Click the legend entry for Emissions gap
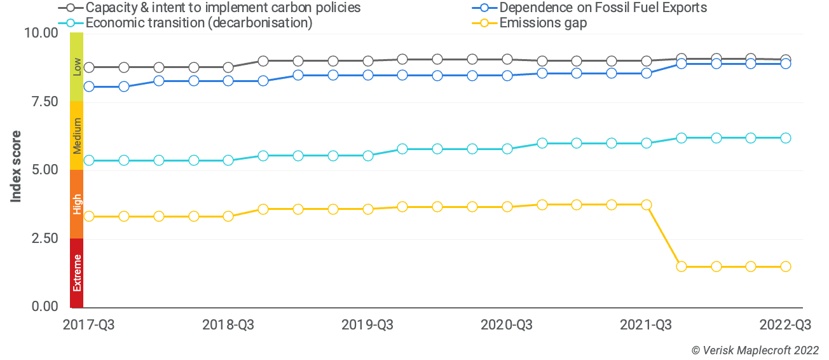(542, 24)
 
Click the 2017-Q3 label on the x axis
(89, 325)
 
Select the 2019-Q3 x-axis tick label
(367, 325)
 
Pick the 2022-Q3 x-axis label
(785, 325)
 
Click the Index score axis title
(17, 167)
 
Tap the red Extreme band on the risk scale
(77, 273)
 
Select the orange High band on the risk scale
(77, 204)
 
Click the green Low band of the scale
(77, 67)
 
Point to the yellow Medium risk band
(77, 135)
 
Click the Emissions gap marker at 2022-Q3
(786, 267)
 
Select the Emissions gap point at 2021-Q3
(647, 205)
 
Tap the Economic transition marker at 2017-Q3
(90, 160)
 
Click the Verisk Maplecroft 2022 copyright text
(755, 350)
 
